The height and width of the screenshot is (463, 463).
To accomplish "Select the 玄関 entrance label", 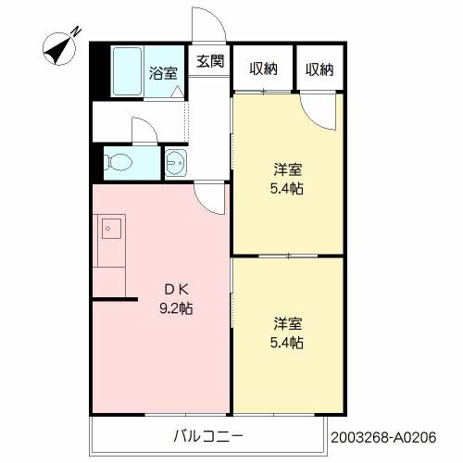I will pyautogui.click(x=209, y=62).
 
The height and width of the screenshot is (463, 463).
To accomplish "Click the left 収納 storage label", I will pyautogui.click(x=262, y=69).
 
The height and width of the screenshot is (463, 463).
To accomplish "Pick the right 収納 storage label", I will pyautogui.click(x=319, y=69).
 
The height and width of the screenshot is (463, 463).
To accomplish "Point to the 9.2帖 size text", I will pyautogui.click(x=175, y=308).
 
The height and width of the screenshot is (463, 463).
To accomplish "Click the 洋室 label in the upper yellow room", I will pyautogui.click(x=286, y=170).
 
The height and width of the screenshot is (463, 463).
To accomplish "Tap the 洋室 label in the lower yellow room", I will pyautogui.click(x=286, y=324).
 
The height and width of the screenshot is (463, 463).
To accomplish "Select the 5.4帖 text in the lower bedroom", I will pyautogui.click(x=287, y=343).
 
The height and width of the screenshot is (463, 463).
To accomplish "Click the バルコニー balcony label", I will pyautogui.click(x=207, y=434).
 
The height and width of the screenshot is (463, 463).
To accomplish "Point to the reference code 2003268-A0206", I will pyautogui.click(x=393, y=433).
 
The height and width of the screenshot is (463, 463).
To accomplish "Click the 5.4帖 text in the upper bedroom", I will pyautogui.click(x=287, y=189).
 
